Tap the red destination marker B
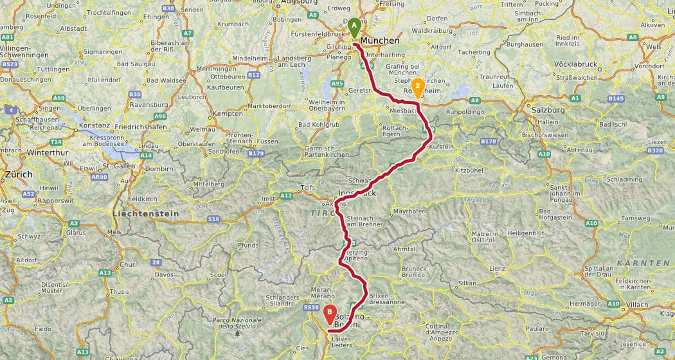(330, 314)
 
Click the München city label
(380, 41)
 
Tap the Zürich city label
(18, 174)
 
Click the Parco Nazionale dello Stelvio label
(237, 322)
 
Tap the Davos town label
(164, 274)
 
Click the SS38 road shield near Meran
(311, 308)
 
